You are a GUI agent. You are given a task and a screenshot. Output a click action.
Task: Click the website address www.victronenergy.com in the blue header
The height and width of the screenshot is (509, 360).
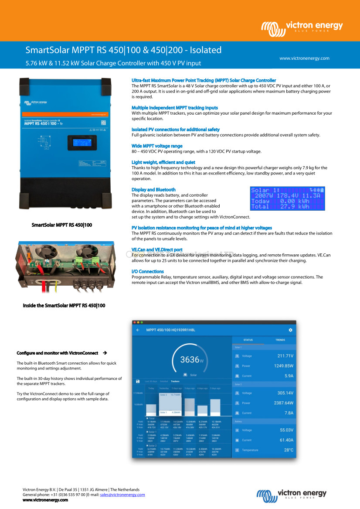tap(304, 58)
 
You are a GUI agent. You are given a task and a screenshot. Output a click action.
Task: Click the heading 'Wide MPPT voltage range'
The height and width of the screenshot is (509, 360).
tap(157, 146)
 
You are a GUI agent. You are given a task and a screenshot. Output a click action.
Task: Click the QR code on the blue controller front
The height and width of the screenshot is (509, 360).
tap(103, 123)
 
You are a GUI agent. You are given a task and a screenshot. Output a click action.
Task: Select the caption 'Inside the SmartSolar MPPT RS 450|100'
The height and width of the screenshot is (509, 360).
tap(64, 306)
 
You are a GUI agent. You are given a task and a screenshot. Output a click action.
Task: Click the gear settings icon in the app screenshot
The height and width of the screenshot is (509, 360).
tap(290, 330)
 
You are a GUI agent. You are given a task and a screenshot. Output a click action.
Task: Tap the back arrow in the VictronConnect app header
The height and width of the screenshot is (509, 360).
tap(138, 330)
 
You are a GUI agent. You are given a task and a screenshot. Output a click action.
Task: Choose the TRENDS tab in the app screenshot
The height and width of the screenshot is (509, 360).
tap(280, 340)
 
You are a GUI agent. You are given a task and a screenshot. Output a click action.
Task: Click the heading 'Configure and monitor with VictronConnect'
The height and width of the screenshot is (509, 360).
tap(57, 352)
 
